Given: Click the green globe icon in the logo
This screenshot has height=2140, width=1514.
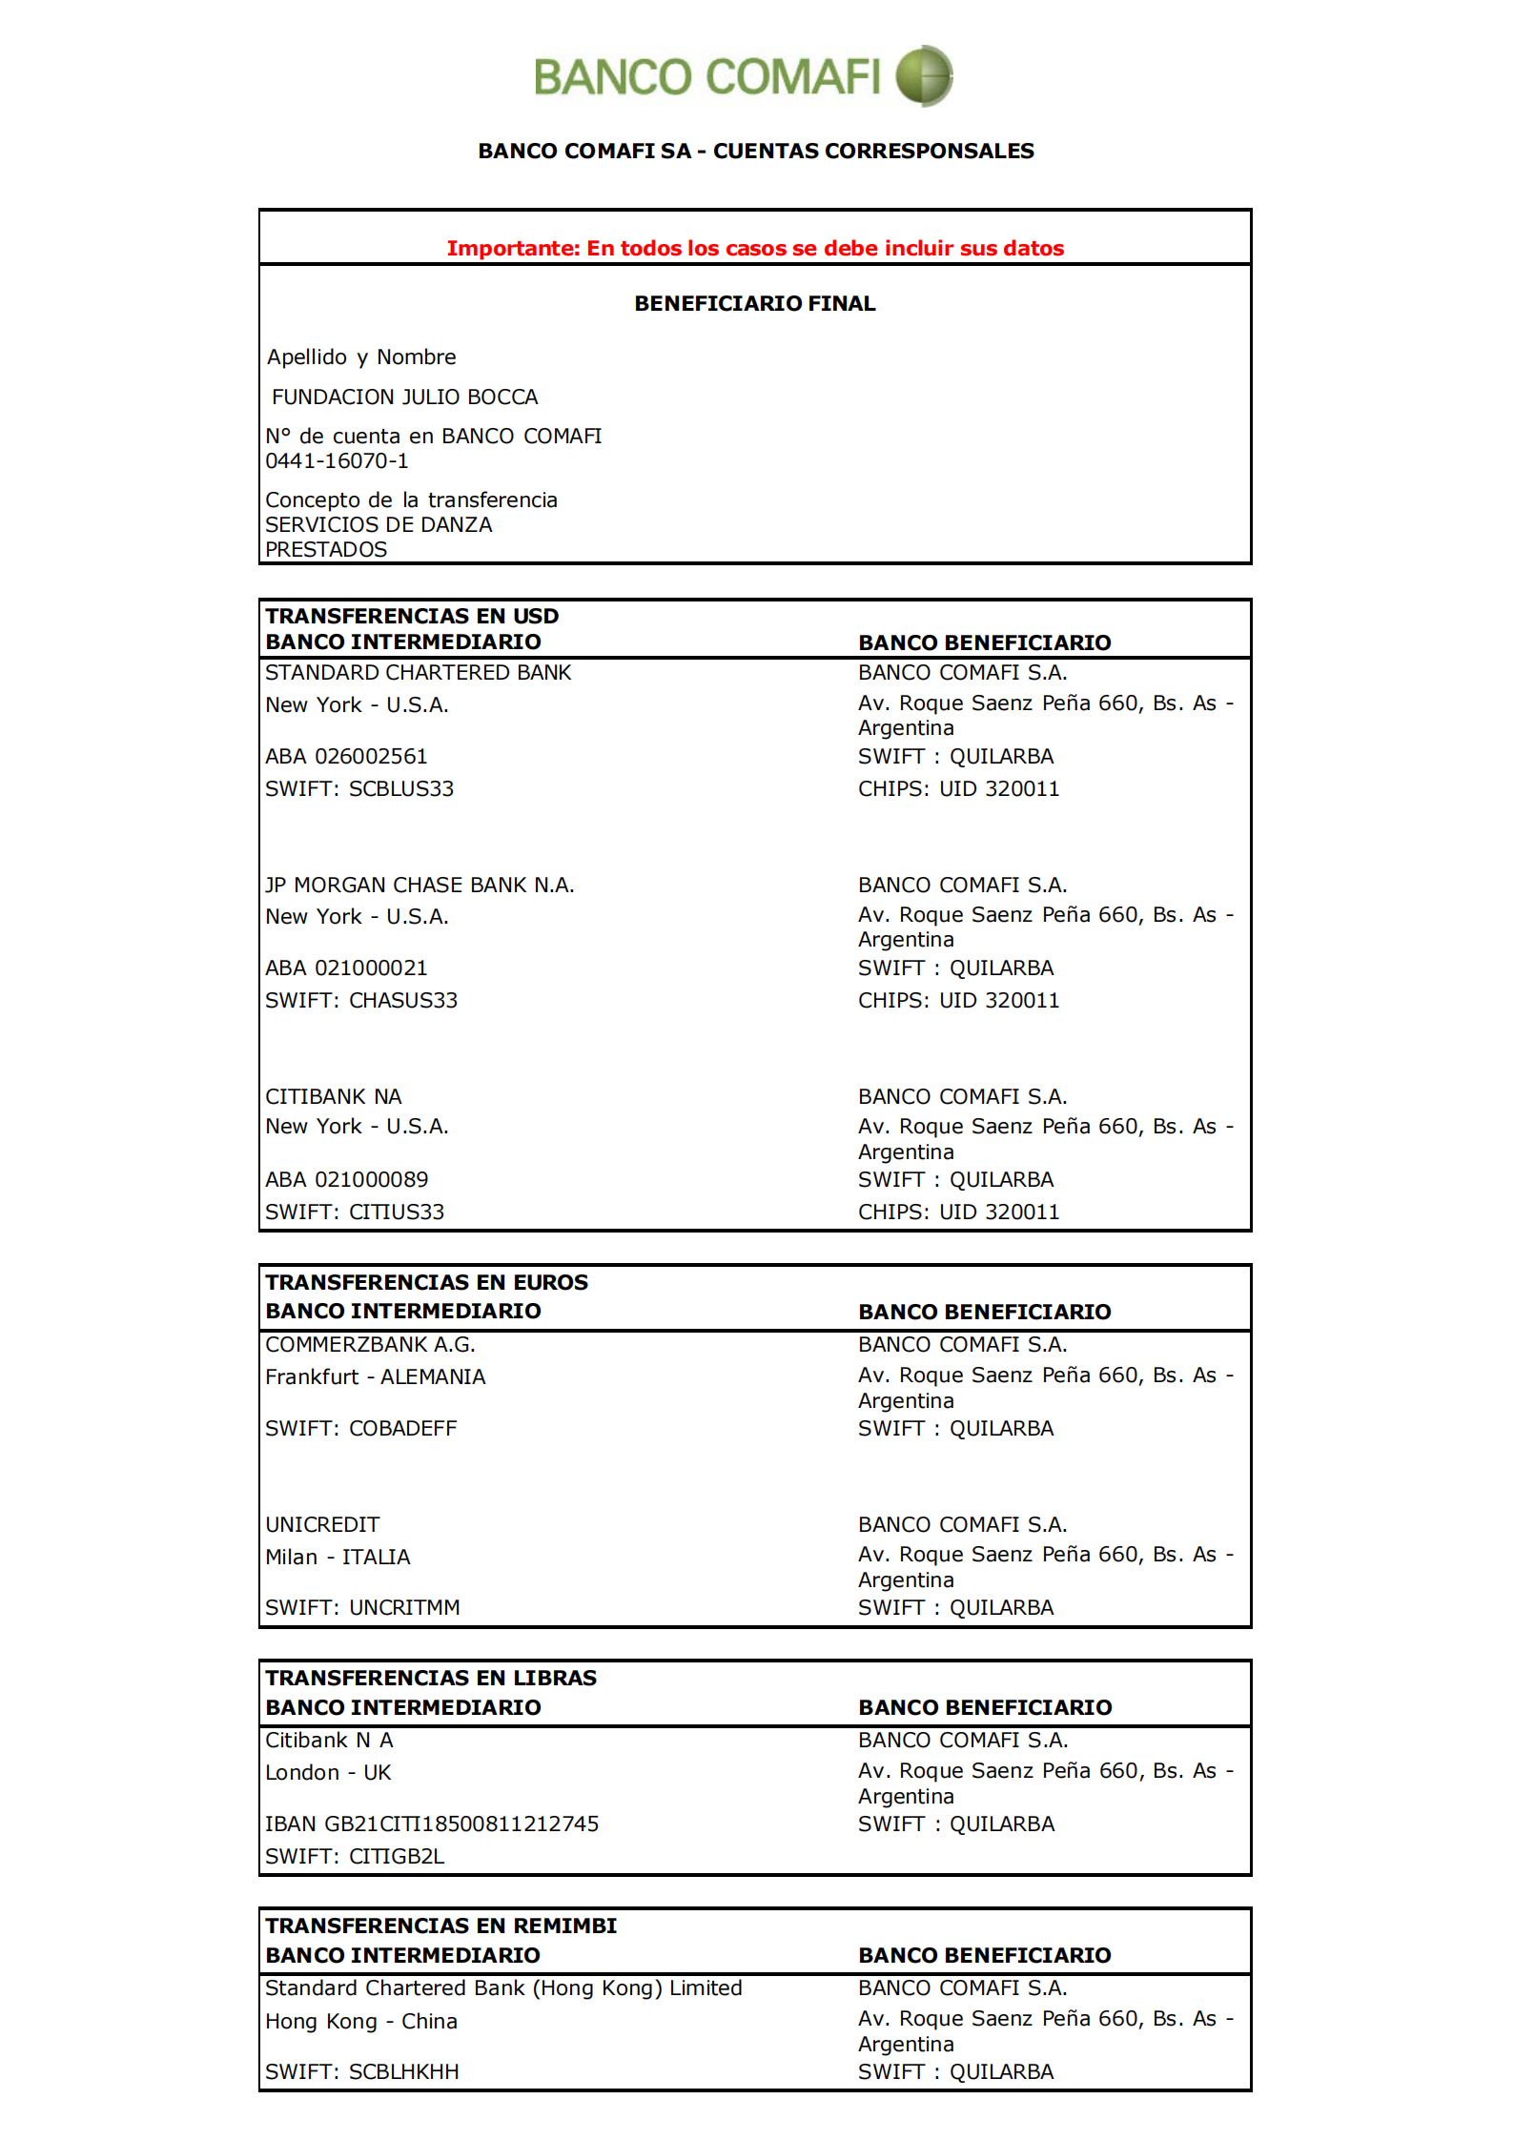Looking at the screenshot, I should (x=923, y=75).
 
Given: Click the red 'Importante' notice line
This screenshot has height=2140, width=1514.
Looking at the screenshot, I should (x=755, y=249).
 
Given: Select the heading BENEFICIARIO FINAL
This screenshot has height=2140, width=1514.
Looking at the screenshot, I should (x=755, y=304).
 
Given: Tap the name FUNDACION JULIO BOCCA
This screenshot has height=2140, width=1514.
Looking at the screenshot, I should (x=404, y=397).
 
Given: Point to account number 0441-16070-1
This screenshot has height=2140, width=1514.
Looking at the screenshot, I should (x=337, y=461).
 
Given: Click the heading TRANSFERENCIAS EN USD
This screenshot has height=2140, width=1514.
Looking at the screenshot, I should (x=412, y=616).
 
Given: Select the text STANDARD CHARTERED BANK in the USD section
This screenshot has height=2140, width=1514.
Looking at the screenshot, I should (x=418, y=673).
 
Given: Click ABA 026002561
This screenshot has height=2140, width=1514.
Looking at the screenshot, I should (x=346, y=757).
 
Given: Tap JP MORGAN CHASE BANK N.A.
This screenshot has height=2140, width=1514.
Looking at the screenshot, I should (x=419, y=885).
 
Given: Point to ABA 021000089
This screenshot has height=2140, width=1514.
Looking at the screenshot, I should (x=346, y=1180).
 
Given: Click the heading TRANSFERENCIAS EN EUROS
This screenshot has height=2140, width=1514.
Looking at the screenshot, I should (x=426, y=1282).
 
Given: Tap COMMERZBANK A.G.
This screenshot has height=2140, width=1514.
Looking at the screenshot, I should (x=370, y=1345).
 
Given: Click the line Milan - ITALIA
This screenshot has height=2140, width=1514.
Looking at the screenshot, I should (x=338, y=1558).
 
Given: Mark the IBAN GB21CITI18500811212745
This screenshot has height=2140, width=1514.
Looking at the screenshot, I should (x=432, y=1824).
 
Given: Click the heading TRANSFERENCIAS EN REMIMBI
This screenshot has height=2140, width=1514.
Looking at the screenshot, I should (x=440, y=1926).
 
